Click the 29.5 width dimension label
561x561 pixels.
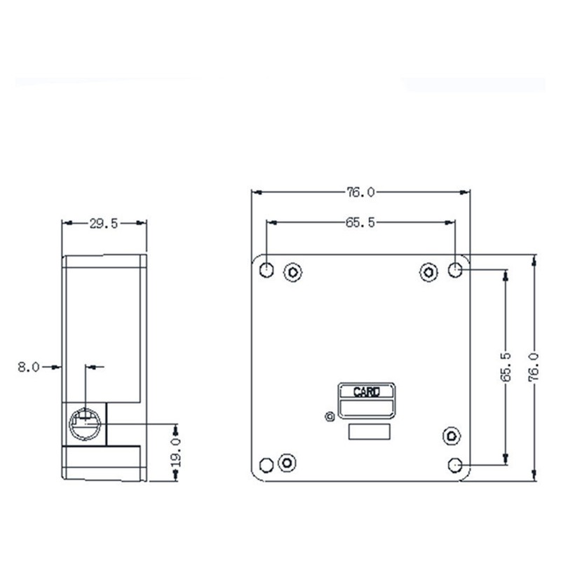click(x=104, y=224)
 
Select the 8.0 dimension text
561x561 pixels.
click(x=29, y=366)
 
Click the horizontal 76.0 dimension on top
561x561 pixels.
click(x=360, y=191)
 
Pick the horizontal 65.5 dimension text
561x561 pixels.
click(x=360, y=223)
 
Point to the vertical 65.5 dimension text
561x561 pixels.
click(x=506, y=367)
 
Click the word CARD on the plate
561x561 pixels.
click(x=366, y=392)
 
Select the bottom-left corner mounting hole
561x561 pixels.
click(x=266, y=464)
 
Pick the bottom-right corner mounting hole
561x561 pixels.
click(x=455, y=464)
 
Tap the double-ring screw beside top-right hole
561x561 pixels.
click(x=429, y=271)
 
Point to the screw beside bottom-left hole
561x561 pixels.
click(x=286, y=462)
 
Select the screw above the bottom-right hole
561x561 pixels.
click(x=450, y=435)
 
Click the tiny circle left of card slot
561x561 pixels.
click(x=330, y=417)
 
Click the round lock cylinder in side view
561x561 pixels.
click(x=86, y=422)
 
